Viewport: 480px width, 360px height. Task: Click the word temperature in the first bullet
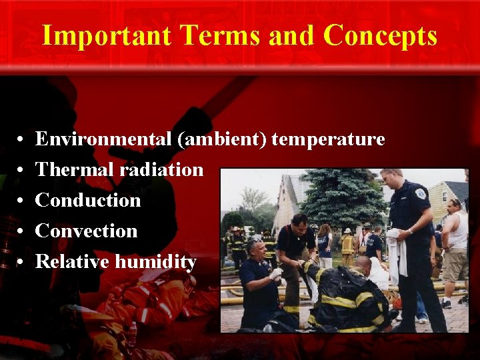[x=328, y=139]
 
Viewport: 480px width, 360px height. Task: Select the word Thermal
[x=75, y=170]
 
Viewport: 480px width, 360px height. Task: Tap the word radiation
[x=161, y=170]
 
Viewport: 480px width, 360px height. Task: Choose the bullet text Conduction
[x=88, y=200]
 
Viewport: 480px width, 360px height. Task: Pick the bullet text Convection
[x=86, y=231]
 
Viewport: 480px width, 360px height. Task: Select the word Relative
[x=73, y=261]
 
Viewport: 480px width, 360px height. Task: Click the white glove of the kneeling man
[x=275, y=273]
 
